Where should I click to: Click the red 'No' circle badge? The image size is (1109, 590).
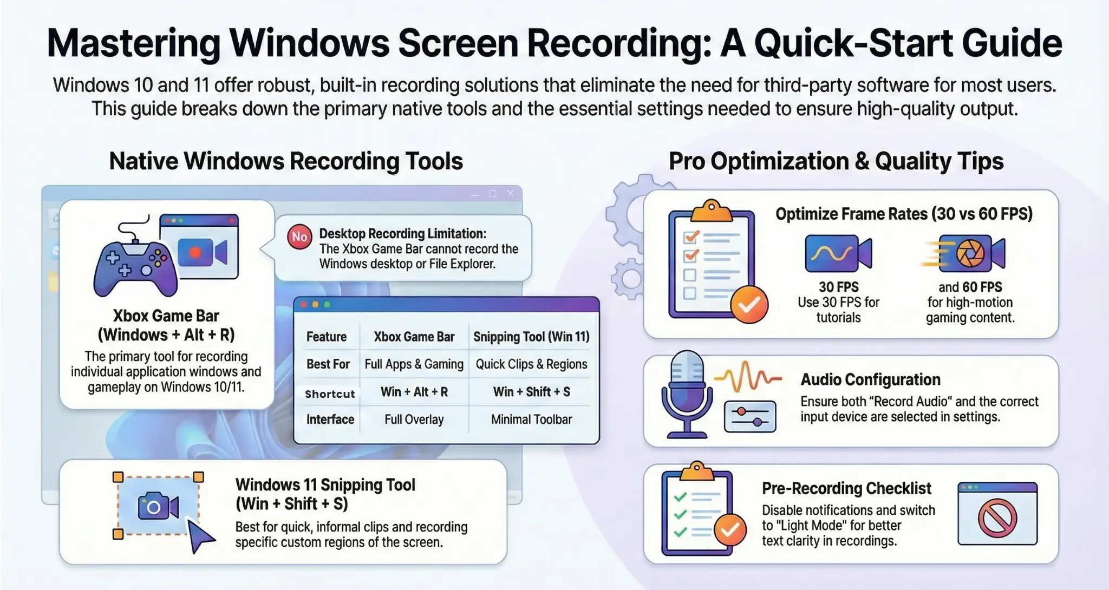(299, 237)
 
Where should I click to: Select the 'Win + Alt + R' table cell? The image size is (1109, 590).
(414, 392)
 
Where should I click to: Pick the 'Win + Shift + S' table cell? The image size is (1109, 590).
(531, 392)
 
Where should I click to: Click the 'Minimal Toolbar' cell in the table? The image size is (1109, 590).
(531, 419)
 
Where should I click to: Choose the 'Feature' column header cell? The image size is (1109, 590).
(326, 337)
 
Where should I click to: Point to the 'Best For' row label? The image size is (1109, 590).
(328, 364)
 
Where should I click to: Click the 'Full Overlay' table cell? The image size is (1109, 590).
(414, 419)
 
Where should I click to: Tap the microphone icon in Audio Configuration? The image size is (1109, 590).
(686, 392)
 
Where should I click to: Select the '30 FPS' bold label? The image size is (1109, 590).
(838, 287)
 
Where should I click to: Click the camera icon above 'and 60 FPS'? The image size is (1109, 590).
(970, 253)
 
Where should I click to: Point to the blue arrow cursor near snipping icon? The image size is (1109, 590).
(201, 536)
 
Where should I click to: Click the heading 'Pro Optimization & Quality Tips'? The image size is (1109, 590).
(836, 161)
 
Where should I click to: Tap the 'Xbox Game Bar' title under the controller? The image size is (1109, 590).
(166, 316)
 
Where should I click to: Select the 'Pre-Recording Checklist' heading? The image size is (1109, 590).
(846, 488)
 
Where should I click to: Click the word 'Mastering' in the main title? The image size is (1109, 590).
(133, 43)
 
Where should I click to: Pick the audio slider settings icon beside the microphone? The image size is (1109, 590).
(750, 416)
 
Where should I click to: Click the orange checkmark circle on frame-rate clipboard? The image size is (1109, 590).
(749, 305)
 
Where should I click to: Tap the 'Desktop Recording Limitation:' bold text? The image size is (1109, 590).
(402, 233)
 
